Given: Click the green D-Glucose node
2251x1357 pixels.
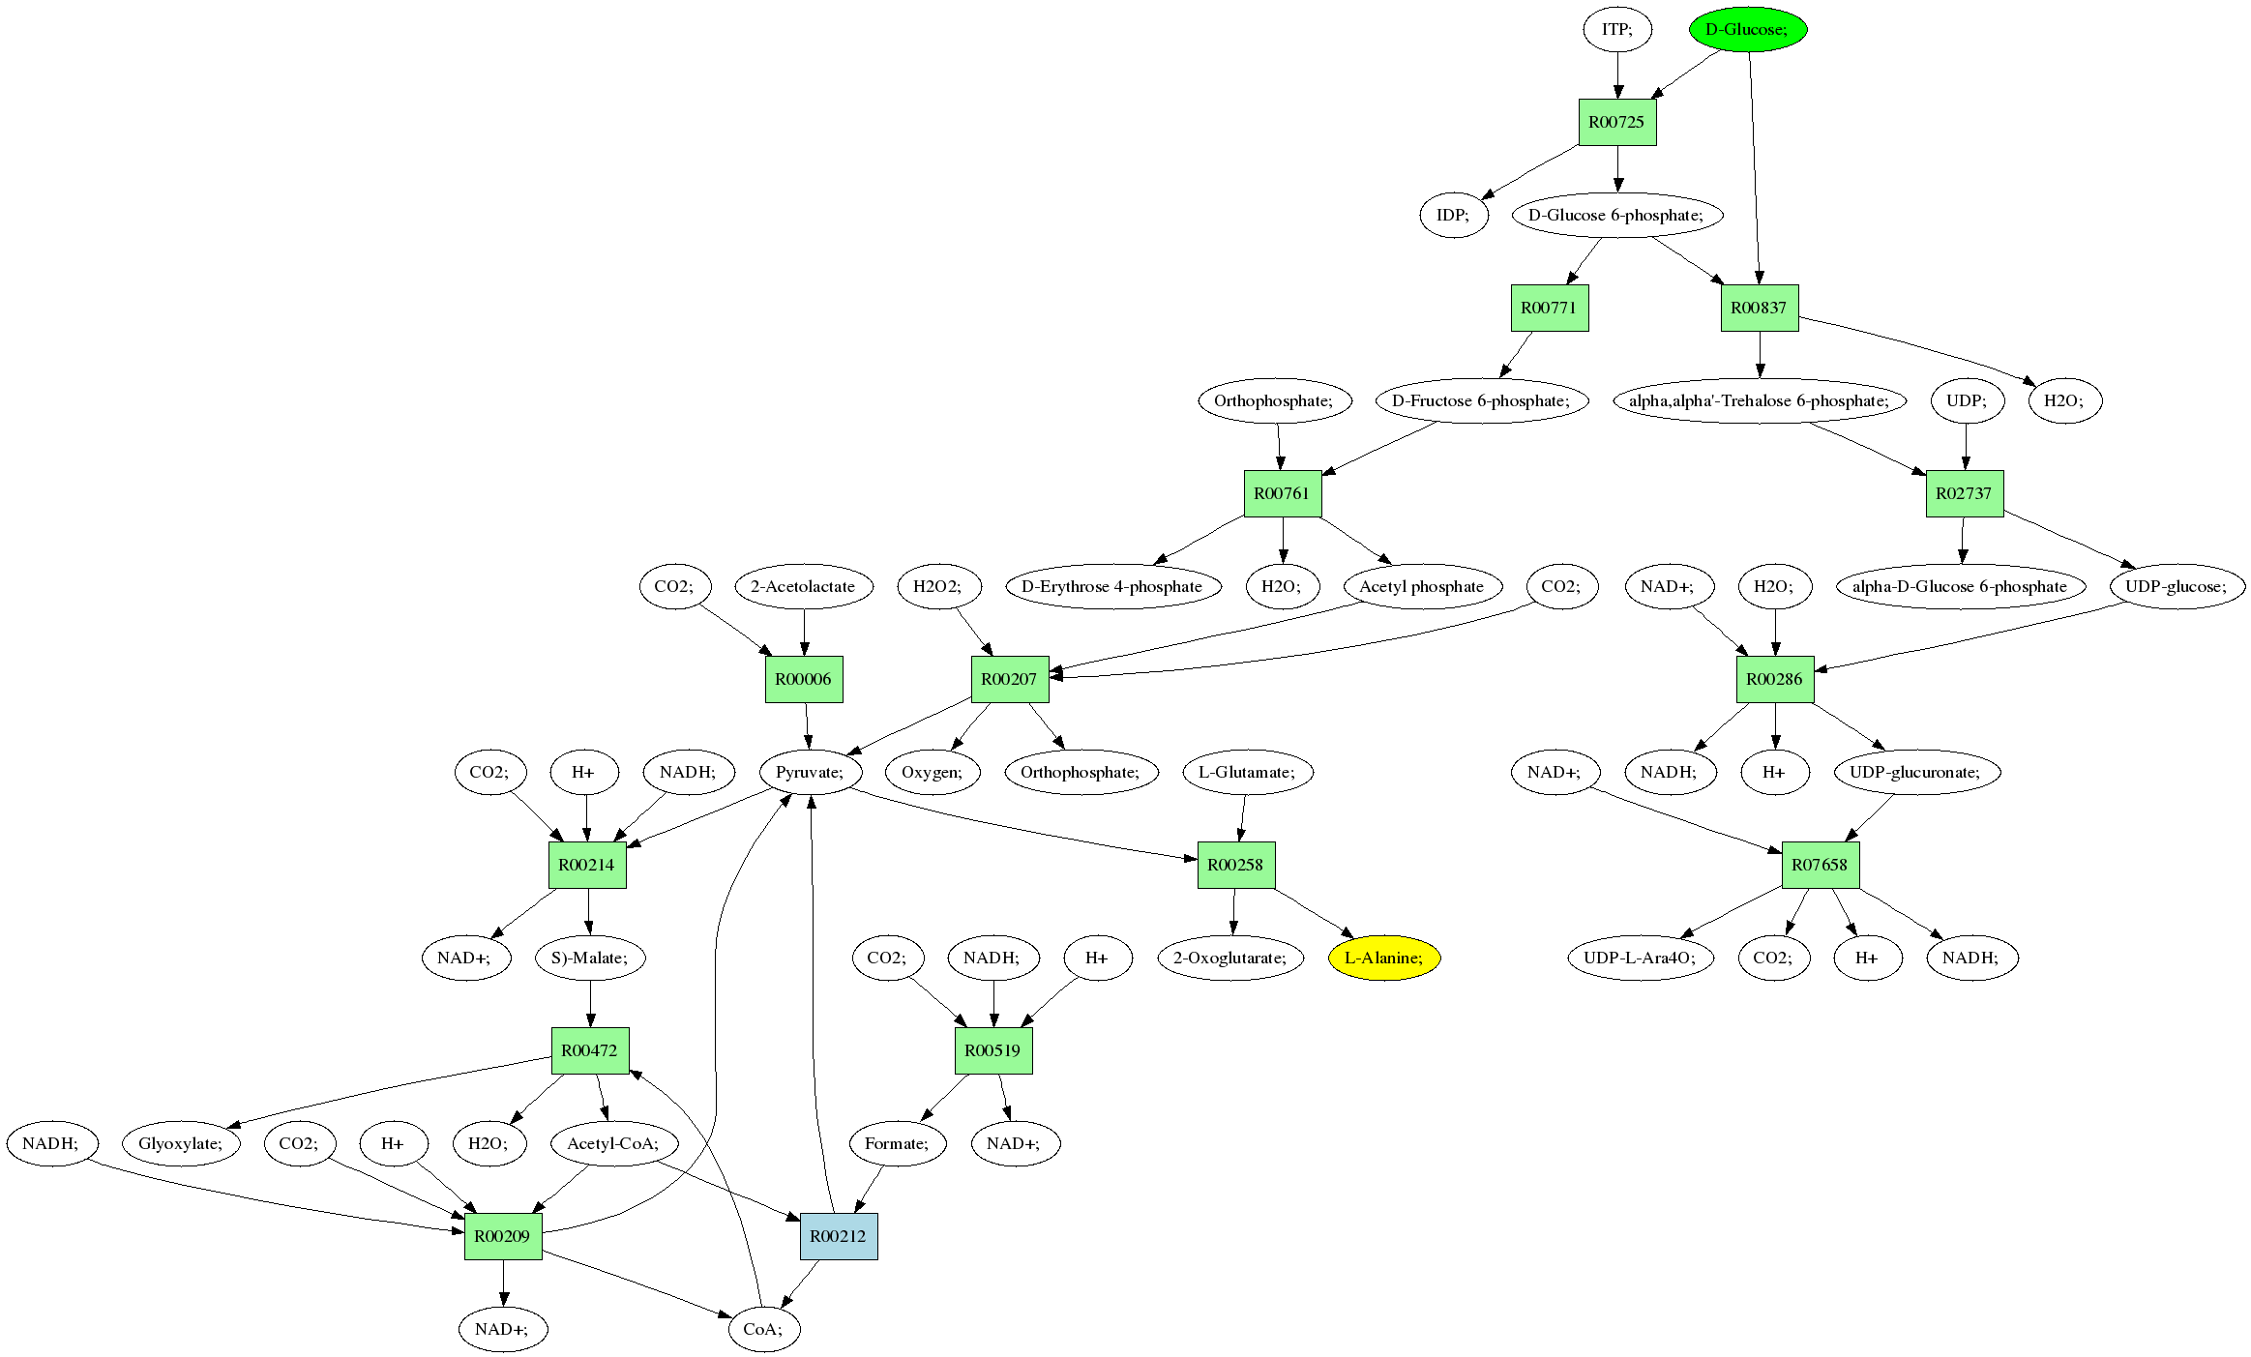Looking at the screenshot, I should point(1747,29).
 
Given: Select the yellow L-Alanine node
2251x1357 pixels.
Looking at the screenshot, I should point(1383,958).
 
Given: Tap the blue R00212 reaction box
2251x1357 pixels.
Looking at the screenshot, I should point(838,1236).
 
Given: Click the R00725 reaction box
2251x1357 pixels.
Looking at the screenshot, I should point(1616,122).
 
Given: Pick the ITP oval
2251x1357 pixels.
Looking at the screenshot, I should point(1616,29).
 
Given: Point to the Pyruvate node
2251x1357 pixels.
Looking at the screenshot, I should point(810,772).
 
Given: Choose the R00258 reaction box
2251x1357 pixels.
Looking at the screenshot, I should point(1235,865).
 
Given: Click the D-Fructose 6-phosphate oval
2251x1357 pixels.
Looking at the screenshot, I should point(1481,400).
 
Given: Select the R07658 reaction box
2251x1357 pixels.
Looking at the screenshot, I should point(1820,865).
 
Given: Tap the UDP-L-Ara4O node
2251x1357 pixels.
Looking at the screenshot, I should point(1640,958).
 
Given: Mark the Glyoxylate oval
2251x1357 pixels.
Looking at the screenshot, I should point(181,1143).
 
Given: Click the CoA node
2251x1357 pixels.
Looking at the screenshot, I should point(763,1329).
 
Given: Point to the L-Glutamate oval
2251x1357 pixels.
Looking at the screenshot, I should point(1247,772).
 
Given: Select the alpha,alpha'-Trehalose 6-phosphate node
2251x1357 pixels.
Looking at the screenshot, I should point(1759,400).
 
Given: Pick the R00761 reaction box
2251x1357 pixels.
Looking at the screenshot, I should point(1282,493).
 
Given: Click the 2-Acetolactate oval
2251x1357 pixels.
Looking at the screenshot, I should point(803,586).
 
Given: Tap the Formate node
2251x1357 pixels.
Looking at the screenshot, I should point(897,1143).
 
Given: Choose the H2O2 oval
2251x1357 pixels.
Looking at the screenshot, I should point(937,586).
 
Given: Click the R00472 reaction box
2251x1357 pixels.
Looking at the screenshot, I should point(589,1050).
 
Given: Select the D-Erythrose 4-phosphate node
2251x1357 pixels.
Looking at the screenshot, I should point(1111,586).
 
